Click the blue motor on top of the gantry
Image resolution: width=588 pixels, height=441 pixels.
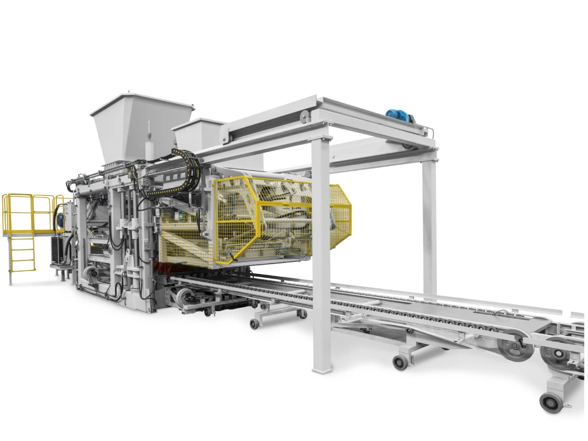pos(400,115)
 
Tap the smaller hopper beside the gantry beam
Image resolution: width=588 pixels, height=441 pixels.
pos(198,135)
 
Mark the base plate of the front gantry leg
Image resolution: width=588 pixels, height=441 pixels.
pos(322,367)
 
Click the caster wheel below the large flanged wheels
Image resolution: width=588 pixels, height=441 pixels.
pos(551,402)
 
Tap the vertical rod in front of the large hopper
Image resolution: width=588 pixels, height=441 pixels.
pos(149,141)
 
